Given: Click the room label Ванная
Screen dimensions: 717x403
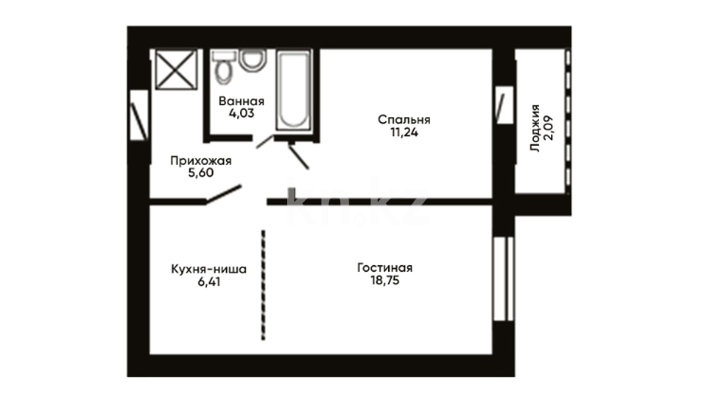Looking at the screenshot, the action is coord(242,101).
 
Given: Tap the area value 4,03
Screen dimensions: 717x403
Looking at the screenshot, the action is coord(242,113).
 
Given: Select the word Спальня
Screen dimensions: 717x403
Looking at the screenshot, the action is coord(404,120).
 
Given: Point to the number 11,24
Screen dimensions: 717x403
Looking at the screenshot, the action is coord(404,132).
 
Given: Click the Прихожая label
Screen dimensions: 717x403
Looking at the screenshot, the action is coord(201,161).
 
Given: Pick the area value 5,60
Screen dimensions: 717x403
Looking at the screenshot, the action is coord(201,173).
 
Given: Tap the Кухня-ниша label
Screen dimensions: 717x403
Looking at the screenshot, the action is coord(209,269).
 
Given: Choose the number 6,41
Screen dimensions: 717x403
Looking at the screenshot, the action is coord(209,282).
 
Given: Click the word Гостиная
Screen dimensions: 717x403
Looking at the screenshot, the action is coord(385,268).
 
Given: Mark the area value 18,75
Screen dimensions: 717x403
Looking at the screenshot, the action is coord(385,280).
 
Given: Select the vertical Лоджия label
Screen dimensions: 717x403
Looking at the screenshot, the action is coord(535,128).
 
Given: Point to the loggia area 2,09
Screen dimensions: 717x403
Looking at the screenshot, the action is coord(549,128).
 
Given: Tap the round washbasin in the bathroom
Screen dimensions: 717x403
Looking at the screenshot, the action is coord(253,60).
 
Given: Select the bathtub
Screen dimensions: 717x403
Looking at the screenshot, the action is coord(294,91).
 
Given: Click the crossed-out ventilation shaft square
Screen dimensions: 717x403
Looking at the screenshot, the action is coord(176,70).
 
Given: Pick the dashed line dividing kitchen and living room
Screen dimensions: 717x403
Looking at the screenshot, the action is coord(263,285).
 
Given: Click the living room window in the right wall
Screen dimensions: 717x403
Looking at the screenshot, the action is coord(504,278).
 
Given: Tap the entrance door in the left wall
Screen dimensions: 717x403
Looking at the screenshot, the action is coord(139,115).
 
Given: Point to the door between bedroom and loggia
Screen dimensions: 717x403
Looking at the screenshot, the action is coord(504,105).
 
